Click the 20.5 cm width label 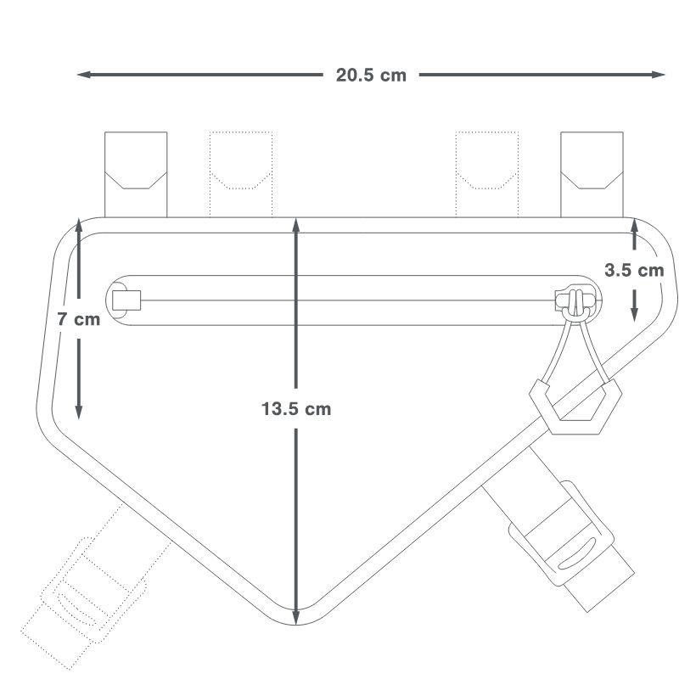[371, 75]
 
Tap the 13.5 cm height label [296, 408]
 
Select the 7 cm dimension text [79, 320]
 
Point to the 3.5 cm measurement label [634, 271]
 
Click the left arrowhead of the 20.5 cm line [83, 75]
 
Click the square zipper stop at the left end [126, 300]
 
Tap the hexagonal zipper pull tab [575, 407]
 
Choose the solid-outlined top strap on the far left [135, 173]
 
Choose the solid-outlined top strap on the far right [592, 173]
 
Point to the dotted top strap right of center [486, 173]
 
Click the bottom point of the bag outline [296, 626]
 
